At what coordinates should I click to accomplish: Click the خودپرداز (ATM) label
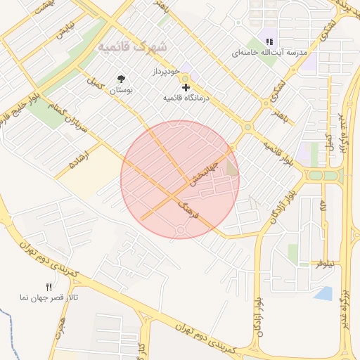tap(167, 72)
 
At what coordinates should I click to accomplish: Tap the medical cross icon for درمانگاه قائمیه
tap(186, 87)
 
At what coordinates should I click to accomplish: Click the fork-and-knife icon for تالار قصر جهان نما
tap(49, 287)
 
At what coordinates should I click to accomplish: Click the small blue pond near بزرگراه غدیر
tap(323, 293)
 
